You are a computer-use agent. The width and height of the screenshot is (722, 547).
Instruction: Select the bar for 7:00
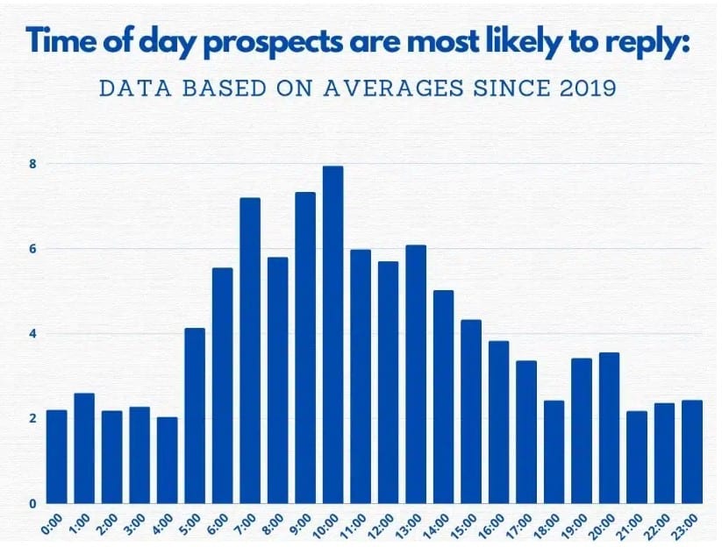(250, 351)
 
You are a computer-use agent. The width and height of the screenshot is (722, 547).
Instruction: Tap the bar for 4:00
(167, 460)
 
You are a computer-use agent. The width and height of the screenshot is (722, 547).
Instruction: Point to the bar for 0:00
(57, 457)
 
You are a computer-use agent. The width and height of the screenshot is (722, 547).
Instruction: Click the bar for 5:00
(195, 416)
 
